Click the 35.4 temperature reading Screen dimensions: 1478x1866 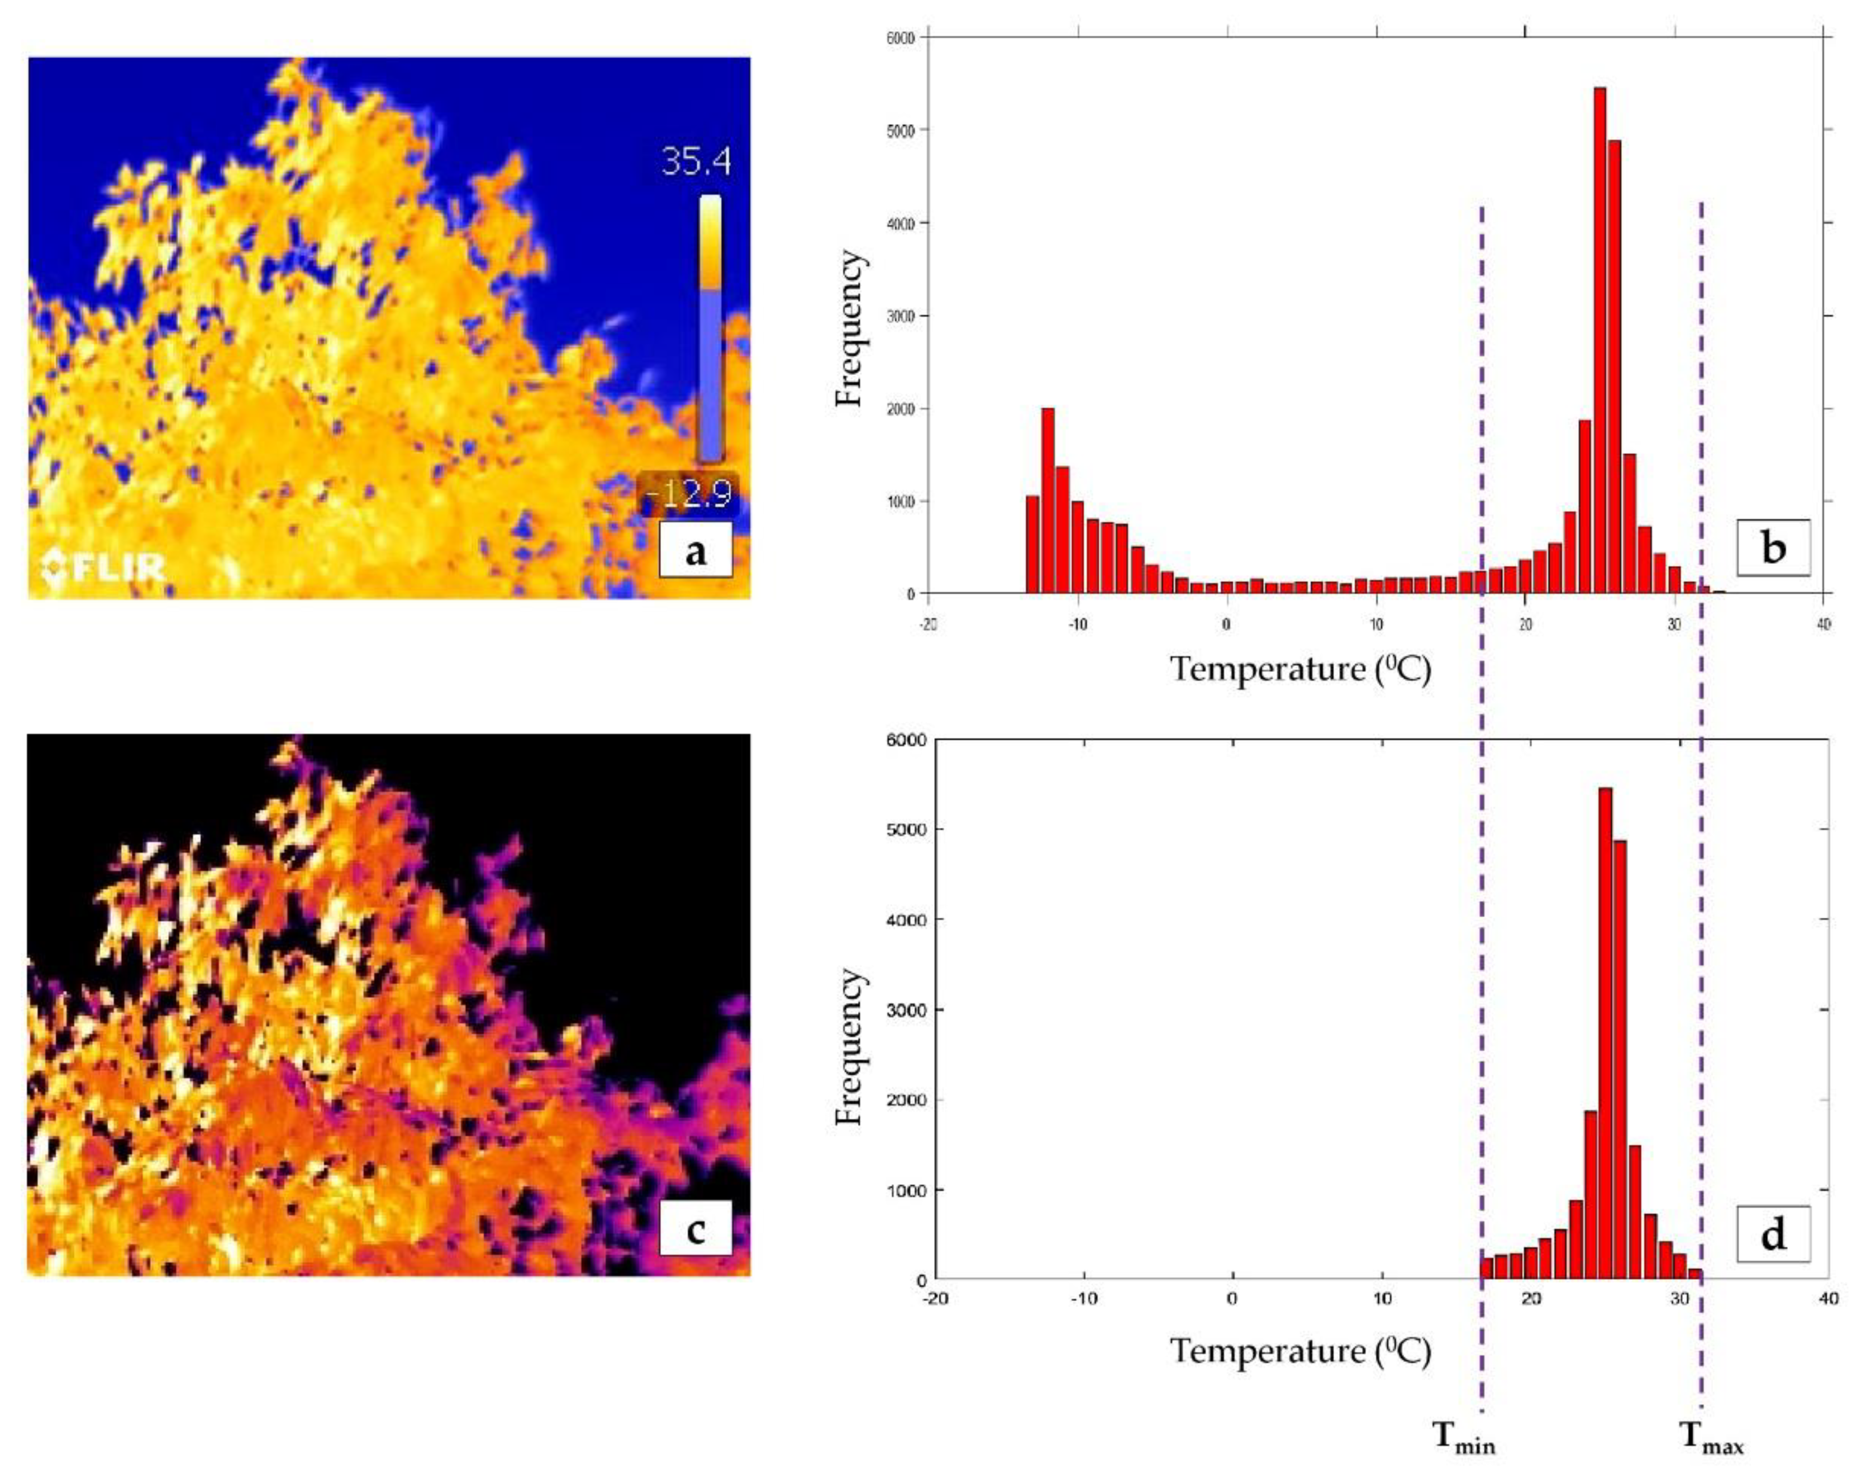[x=696, y=162]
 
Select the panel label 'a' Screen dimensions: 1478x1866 [x=695, y=550]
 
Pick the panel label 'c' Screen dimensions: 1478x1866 [x=695, y=1229]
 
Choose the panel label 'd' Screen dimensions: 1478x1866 [x=1773, y=1234]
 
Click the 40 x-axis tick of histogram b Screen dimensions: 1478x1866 [x=1823, y=625]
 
